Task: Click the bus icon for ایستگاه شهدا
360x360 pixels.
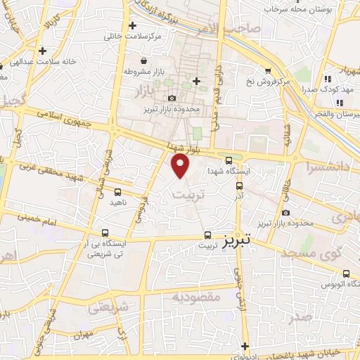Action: point(229,160)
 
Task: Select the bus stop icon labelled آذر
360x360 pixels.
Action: point(240,186)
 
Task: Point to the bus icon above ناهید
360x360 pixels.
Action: point(117,191)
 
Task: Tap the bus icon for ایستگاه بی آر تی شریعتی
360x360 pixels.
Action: point(105,233)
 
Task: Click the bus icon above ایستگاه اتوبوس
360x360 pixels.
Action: point(346,274)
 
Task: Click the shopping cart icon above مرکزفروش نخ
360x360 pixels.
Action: point(268,70)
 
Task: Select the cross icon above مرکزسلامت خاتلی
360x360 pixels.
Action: point(133,25)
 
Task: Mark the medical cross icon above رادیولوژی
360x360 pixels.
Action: point(245,346)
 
